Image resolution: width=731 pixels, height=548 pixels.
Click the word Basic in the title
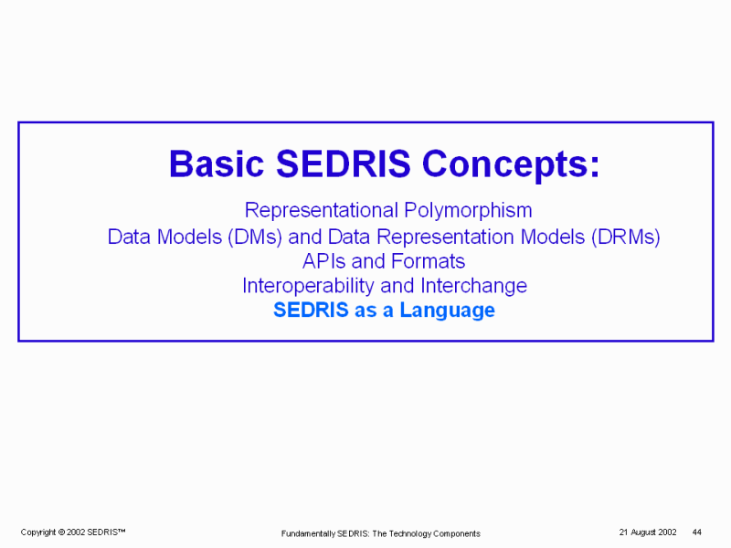pos(217,164)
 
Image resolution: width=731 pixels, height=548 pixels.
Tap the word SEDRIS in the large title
pos(344,164)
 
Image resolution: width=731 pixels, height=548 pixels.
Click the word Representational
pos(322,211)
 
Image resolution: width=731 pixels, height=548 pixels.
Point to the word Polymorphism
pos(468,211)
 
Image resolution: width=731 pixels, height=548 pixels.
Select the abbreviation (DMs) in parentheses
pos(255,237)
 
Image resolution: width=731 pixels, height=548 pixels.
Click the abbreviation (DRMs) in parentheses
pos(625,237)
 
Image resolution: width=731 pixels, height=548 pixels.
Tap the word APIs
pos(324,261)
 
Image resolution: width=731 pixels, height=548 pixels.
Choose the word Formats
pos(428,261)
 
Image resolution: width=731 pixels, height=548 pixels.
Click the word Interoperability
pos(308,286)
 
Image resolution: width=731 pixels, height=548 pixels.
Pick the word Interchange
pos(473,286)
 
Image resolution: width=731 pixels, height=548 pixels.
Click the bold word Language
pos(448,311)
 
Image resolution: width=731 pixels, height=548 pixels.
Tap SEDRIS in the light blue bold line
pos(311,310)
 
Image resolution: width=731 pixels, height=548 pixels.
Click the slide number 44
pos(697,532)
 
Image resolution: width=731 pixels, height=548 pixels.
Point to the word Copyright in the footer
pos(38,532)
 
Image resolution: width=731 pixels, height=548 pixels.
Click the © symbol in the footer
pos(61,532)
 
